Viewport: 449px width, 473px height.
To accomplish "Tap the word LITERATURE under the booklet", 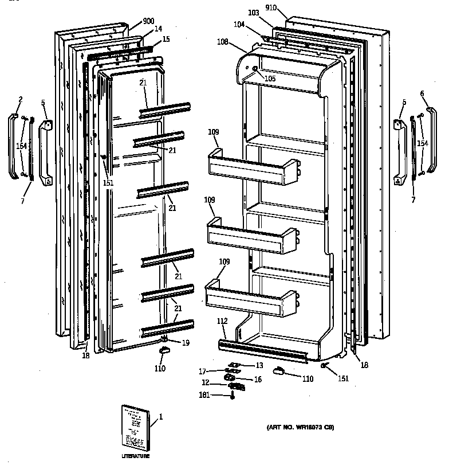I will [x=135, y=456].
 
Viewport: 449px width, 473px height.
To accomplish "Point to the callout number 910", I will [x=271, y=8].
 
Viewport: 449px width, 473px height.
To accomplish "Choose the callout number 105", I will [x=270, y=78].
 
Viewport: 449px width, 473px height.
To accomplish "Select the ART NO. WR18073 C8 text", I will [x=300, y=428].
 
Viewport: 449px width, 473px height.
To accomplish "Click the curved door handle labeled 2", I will [x=13, y=146].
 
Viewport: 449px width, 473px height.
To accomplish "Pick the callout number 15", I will [x=166, y=39].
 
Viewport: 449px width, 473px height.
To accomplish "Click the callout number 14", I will [x=158, y=29].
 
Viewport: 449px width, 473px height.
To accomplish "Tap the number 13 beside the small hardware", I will [x=259, y=365].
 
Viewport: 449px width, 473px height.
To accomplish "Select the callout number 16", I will [x=258, y=379].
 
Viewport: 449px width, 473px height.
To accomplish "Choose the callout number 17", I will [x=203, y=372].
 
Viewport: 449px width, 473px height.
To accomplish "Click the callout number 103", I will [x=254, y=12].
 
